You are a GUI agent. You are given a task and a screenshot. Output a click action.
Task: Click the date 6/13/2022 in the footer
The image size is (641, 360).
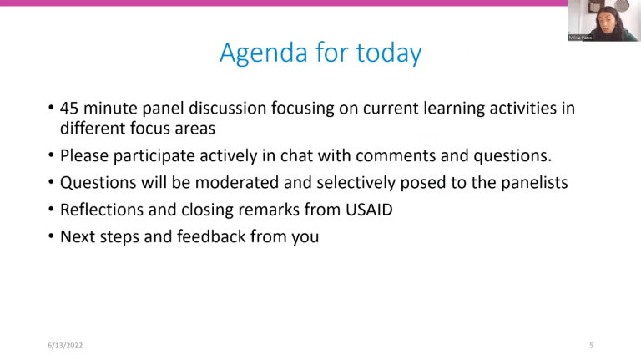point(65,345)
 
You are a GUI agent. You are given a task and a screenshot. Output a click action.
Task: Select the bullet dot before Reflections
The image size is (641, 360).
point(51,210)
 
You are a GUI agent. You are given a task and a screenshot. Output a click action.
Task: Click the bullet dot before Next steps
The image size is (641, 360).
point(51,236)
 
